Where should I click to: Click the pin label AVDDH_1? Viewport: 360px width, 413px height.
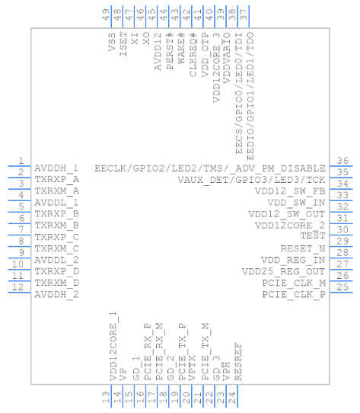(x=57, y=168)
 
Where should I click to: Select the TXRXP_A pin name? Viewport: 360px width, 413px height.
(x=57, y=179)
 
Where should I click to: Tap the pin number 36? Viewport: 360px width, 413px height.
(x=343, y=161)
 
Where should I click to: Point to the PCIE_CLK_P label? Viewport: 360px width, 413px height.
(x=294, y=293)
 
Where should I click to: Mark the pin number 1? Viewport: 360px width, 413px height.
(x=21, y=161)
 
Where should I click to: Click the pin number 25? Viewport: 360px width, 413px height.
(x=343, y=287)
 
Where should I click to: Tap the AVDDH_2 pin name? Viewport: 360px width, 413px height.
(x=57, y=293)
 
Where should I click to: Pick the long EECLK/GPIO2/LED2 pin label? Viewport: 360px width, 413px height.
(x=210, y=168)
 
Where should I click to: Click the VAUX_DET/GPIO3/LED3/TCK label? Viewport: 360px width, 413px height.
(x=252, y=179)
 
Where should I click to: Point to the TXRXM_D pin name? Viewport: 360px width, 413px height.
(x=57, y=282)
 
